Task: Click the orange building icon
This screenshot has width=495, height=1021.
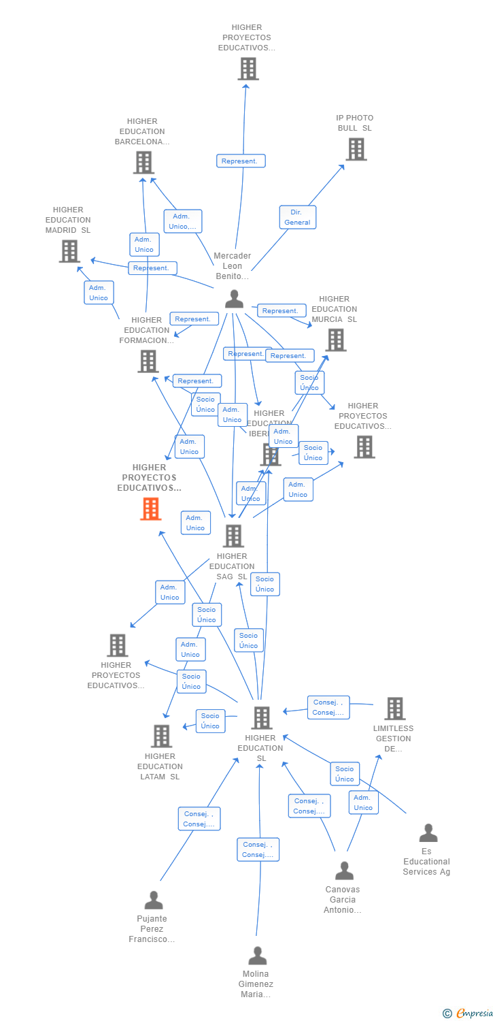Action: [150, 508]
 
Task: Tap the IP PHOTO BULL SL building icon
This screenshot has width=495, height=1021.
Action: [356, 149]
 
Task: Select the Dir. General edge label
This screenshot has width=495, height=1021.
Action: [297, 217]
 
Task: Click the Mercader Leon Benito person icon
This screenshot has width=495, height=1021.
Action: [234, 298]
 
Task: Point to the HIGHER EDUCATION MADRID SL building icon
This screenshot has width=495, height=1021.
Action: [69, 251]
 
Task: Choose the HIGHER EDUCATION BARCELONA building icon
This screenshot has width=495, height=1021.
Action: [143, 163]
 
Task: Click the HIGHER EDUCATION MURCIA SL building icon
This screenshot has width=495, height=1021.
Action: [336, 340]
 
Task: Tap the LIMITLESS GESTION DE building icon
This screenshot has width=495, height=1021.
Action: [394, 709]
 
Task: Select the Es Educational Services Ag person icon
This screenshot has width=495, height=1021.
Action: [428, 832]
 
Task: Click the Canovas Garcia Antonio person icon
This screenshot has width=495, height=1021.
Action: [344, 871]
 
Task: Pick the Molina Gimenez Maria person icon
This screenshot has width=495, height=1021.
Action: [257, 956]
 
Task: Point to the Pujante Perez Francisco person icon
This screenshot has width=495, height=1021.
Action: [154, 900]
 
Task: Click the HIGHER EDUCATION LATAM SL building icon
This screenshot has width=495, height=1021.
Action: [161, 736]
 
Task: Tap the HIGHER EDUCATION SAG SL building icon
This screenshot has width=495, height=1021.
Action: [233, 536]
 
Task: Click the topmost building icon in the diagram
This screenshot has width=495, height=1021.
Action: [248, 69]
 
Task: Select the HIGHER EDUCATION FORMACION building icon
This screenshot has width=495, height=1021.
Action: [148, 361]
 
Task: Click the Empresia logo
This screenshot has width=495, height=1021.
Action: [470, 1014]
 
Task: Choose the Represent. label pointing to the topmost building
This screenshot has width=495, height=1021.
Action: [241, 161]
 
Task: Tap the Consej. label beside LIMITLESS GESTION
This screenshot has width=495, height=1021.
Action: [329, 707]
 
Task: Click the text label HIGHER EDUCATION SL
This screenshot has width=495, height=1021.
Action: [260, 748]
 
